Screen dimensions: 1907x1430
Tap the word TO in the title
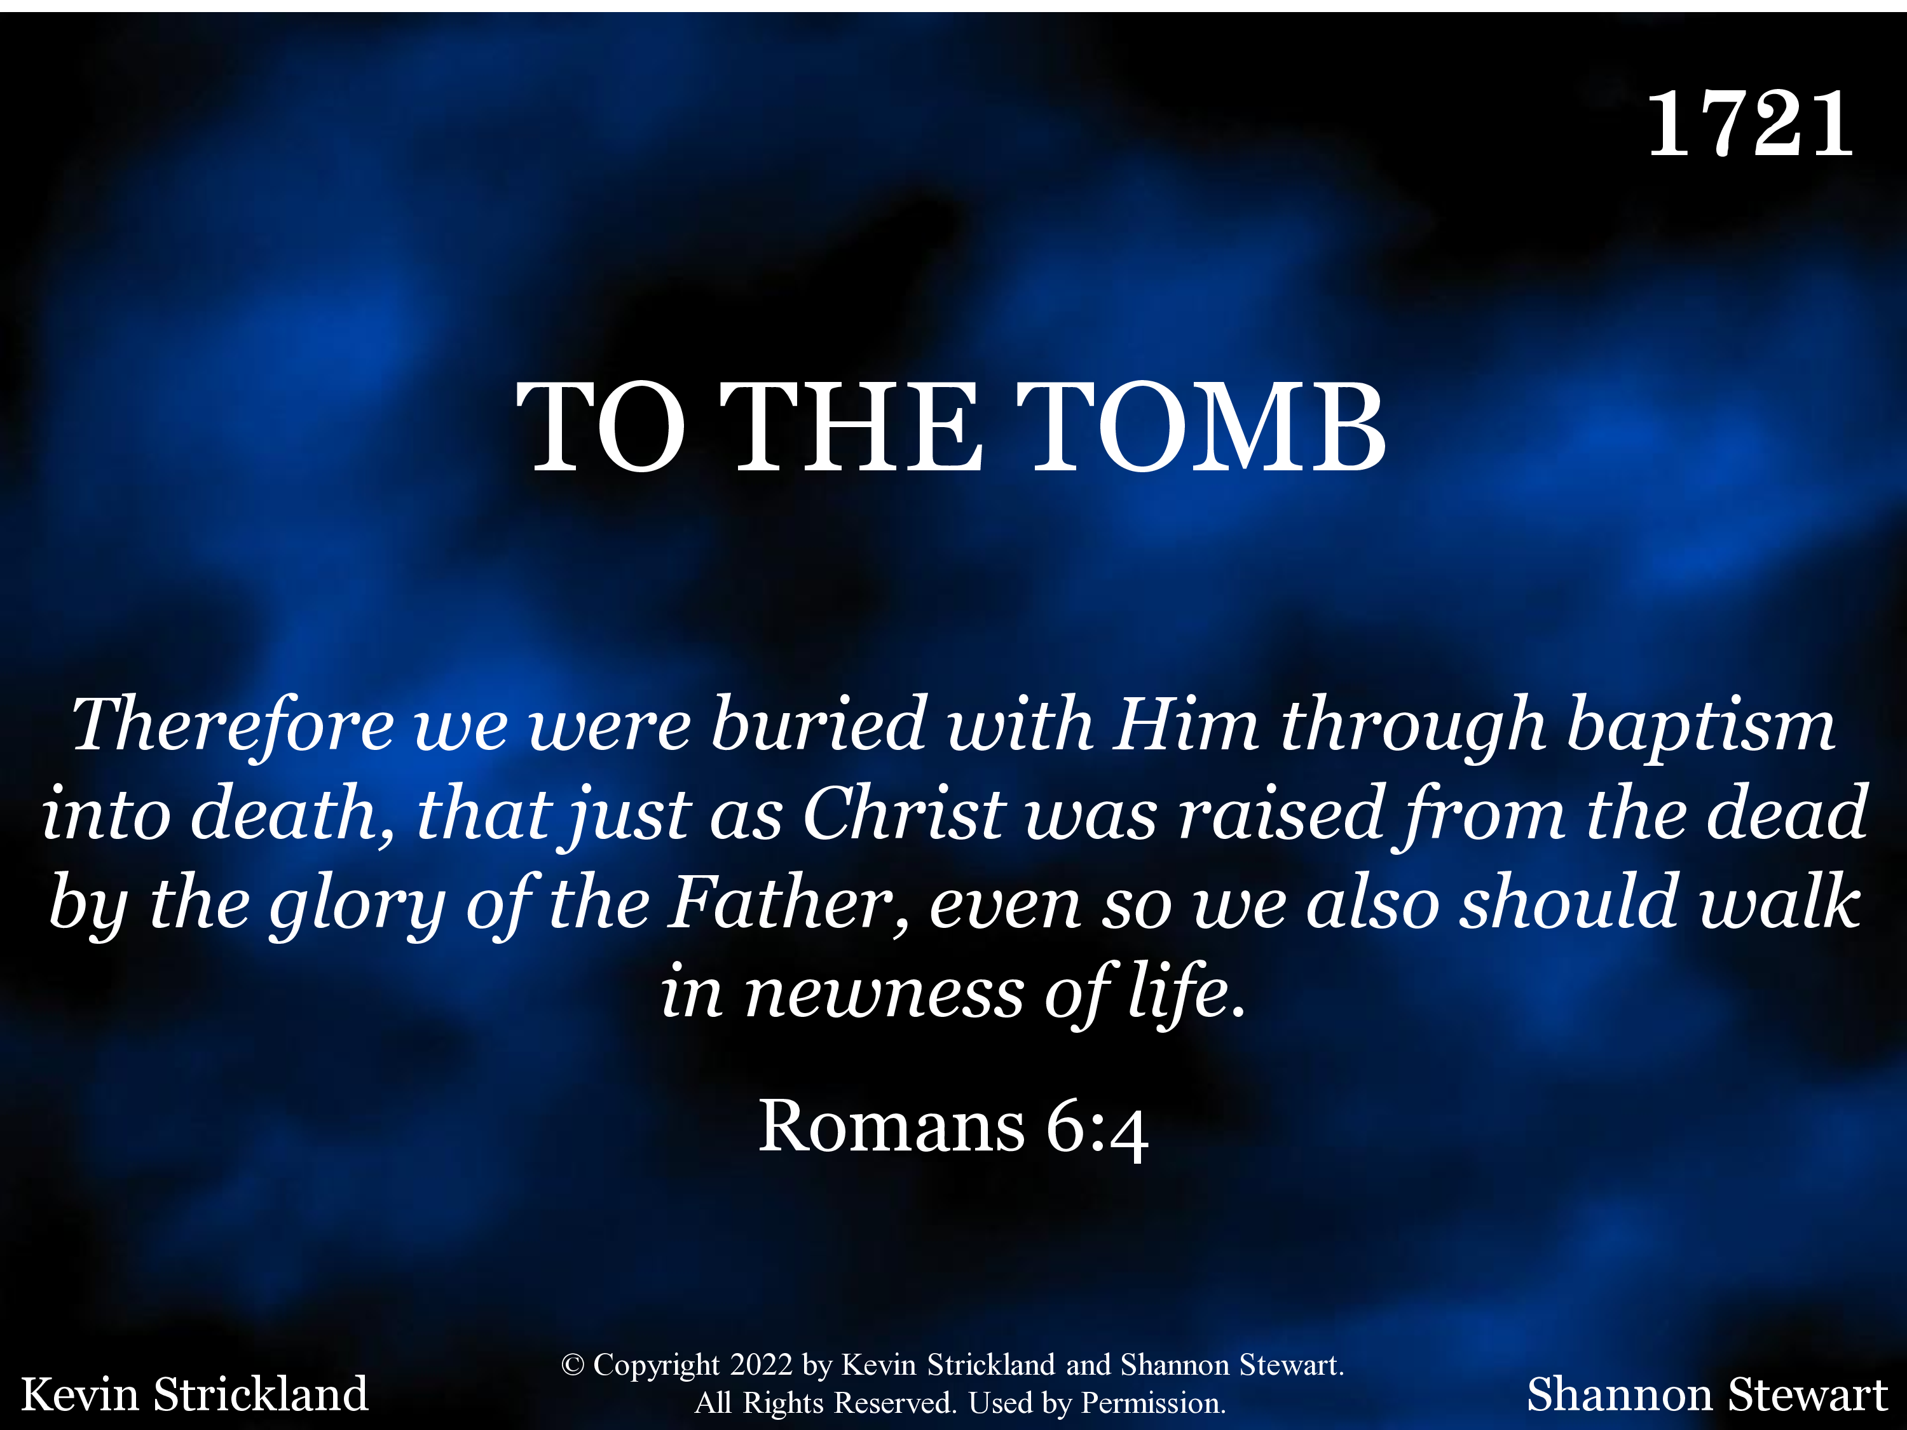(x=601, y=428)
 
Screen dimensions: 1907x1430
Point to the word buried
(x=818, y=723)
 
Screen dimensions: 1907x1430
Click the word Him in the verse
(x=1186, y=724)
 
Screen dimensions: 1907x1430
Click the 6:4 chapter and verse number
(x=1097, y=1130)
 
